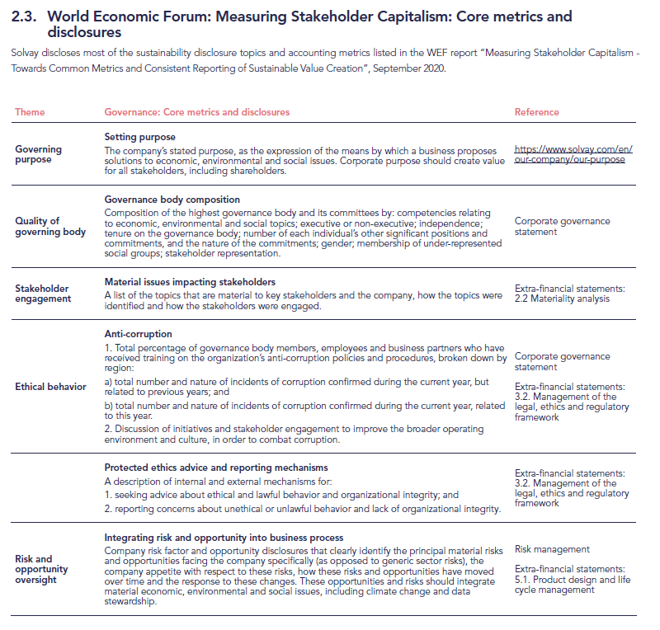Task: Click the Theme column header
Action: point(30,112)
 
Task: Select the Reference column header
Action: point(536,112)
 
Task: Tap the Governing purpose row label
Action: point(38,154)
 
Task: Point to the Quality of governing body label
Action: point(49,226)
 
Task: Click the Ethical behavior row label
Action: point(50,387)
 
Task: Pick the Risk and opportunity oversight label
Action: point(41,569)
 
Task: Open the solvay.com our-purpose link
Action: point(572,154)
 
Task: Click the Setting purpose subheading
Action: point(139,136)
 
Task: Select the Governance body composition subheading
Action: point(172,200)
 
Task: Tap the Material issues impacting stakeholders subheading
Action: point(190,282)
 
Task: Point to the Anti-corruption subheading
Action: point(138,334)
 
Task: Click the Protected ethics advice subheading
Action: point(216,468)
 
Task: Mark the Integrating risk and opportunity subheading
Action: point(223,538)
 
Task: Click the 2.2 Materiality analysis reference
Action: point(562,299)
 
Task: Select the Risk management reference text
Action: point(552,549)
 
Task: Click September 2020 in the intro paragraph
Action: point(408,68)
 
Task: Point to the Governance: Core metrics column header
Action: point(196,112)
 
